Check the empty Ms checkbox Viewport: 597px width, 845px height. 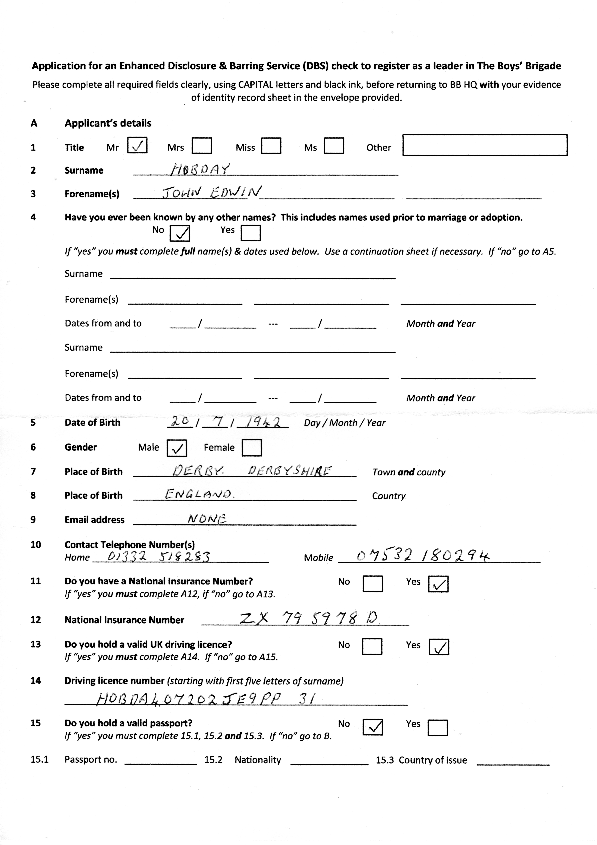[334, 145]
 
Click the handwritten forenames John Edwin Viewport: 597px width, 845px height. [212, 192]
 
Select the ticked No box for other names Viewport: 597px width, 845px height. [179, 233]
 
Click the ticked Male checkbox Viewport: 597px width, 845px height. [177, 448]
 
